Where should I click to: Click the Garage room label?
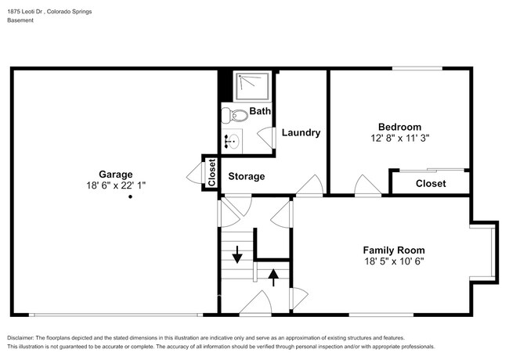(115, 175)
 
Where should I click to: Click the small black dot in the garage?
(130, 197)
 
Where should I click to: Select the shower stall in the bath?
(250, 88)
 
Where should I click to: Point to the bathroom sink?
(233, 142)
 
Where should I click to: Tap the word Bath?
(260, 112)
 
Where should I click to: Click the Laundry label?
(301, 133)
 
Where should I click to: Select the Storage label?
(246, 177)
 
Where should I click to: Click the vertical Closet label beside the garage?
(211, 172)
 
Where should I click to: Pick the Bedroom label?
(399, 127)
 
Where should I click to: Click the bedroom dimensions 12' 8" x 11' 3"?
(399, 138)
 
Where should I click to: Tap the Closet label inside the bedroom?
(430, 184)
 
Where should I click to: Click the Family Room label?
(394, 250)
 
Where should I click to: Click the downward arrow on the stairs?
(237, 254)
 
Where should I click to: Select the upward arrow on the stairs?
(273, 277)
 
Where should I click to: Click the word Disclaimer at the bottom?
(24, 337)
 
